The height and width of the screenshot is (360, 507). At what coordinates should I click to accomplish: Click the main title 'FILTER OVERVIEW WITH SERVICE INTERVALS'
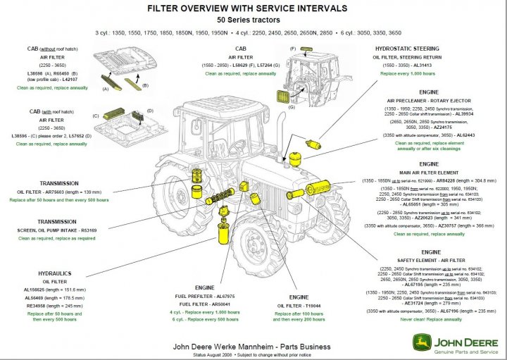click(246, 8)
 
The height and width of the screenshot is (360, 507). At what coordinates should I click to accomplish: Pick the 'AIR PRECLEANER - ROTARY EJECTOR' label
click(430, 101)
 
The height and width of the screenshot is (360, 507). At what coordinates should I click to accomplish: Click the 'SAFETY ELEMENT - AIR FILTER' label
click(430, 260)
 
